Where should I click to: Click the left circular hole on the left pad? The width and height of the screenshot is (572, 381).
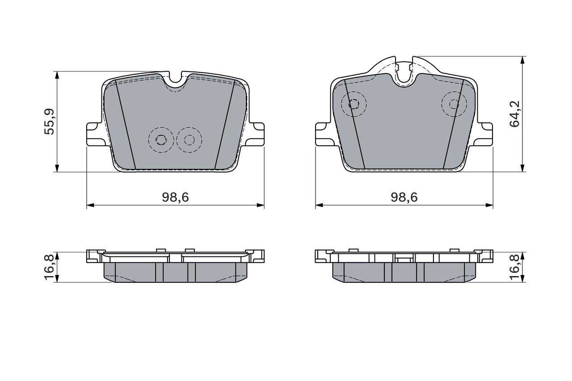click(x=160, y=140)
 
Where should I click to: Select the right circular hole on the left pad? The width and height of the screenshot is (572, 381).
click(x=189, y=140)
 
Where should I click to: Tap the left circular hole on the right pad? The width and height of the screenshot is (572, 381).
click(x=353, y=104)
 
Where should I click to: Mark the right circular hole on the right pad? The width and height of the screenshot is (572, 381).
click(x=454, y=104)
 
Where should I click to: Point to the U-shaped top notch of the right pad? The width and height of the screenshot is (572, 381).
click(x=404, y=76)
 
